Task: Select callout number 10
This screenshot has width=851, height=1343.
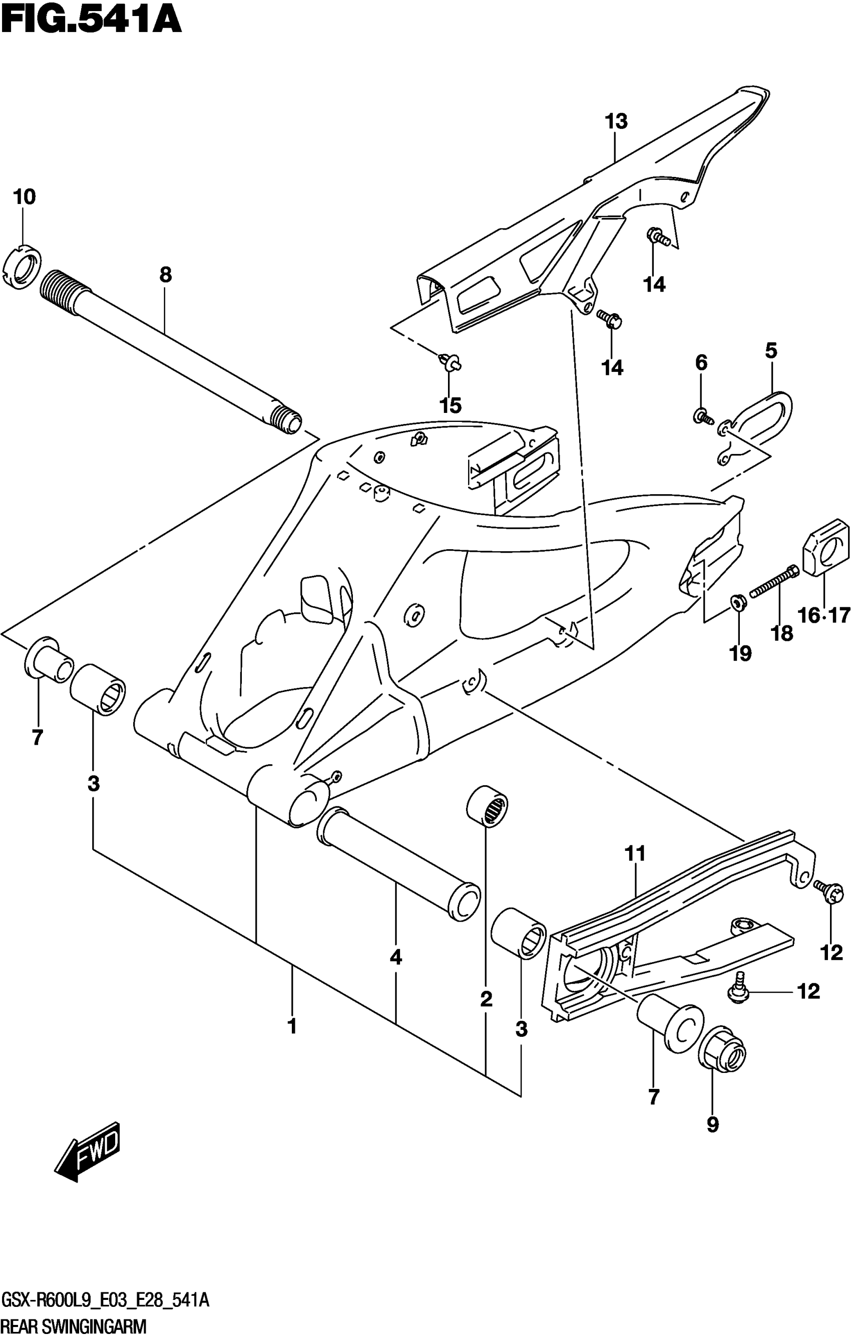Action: [24, 196]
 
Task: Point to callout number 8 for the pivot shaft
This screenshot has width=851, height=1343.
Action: [166, 275]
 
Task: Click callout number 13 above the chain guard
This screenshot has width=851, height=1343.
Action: [616, 121]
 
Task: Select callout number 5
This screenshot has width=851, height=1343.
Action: [771, 351]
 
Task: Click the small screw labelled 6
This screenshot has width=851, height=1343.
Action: [702, 415]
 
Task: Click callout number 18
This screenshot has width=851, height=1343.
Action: [782, 633]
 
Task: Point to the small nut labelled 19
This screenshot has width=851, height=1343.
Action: [737, 602]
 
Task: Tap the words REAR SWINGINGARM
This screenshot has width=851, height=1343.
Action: [74, 1326]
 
